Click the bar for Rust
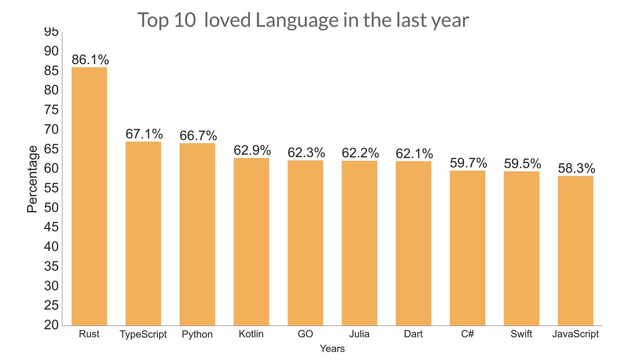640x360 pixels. [x=89, y=196]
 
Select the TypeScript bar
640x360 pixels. [x=143, y=233]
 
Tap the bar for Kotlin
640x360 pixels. [x=251, y=242]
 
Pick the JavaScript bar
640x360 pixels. [x=576, y=251]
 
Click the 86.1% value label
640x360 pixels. [x=91, y=60]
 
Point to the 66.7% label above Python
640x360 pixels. [x=198, y=135]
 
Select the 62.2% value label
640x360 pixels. [x=360, y=153]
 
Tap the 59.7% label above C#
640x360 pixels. [x=468, y=163]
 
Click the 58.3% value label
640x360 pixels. [x=576, y=168]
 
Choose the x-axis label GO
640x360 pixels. [x=305, y=334]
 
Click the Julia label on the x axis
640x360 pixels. [x=359, y=334]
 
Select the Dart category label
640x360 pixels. [x=413, y=334]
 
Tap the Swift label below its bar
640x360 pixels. [x=522, y=334]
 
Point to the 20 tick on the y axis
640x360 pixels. [x=51, y=325]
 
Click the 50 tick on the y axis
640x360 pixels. [x=51, y=207]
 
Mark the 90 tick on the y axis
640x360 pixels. [x=51, y=51]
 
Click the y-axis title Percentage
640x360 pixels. [x=32, y=179]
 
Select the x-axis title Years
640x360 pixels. [x=332, y=349]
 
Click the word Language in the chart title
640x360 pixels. [x=297, y=21]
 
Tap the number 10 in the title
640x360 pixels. [x=185, y=20]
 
